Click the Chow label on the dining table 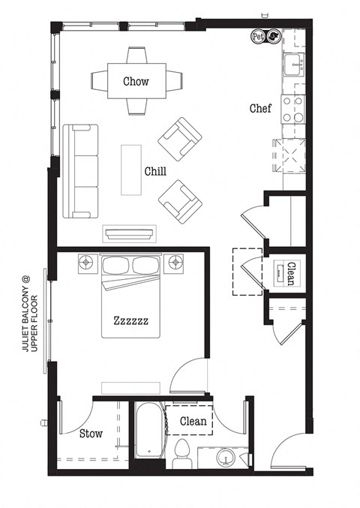[136, 81]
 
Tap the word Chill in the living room [155, 171]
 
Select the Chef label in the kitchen [260, 109]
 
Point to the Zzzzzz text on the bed [130, 320]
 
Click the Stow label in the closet [91, 434]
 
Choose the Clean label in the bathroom [193, 422]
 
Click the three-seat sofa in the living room [80, 171]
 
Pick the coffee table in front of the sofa [132, 169]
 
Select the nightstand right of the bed [176, 263]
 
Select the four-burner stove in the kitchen [292, 110]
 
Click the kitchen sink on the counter [292, 65]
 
